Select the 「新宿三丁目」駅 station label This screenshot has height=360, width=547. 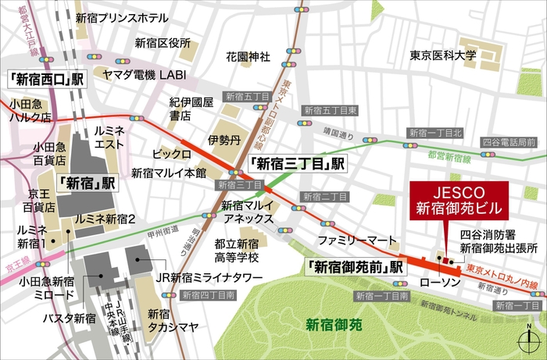pyautogui.click(x=296, y=165)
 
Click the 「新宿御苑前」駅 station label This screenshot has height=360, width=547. pyautogui.click(x=356, y=266)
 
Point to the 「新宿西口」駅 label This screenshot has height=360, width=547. pyautogui.click(x=46, y=79)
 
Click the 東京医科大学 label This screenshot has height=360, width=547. pyautogui.click(x=443, y=56)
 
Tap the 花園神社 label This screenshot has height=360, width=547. pyautogui.click(x=248, y=57)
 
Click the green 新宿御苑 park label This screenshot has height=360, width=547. pyautogui.click(x=333, y=324)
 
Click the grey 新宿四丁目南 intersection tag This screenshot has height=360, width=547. pyautogui.click(x=206, y=295)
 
